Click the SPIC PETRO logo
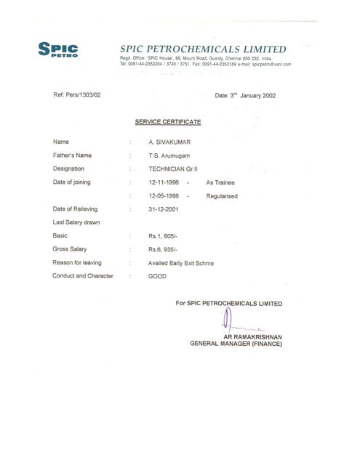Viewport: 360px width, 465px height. tap(58, 49)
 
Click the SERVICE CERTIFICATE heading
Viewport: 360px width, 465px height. tap(168, 121)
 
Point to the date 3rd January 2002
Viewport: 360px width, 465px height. tap(245, 95)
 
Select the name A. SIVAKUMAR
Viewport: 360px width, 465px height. tap(169, 142)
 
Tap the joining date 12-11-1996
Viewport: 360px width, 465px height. tap(164, 182)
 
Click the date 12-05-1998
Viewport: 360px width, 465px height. tap(164, 195)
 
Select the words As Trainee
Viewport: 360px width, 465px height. tap(220, 182)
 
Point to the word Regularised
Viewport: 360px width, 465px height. tap(222, 195)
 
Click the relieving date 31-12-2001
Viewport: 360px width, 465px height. tap(164, 209)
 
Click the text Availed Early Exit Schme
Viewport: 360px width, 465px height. tap(181, 262)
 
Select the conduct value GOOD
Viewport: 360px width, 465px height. tap(157, 276)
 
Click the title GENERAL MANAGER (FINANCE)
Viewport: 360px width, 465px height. tap(236, 344)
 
